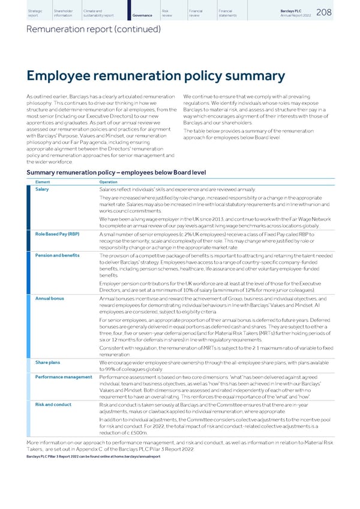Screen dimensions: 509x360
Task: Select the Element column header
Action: point(43,182)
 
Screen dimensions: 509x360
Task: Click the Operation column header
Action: point(109,182)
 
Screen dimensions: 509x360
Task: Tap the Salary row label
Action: point(42,189)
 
